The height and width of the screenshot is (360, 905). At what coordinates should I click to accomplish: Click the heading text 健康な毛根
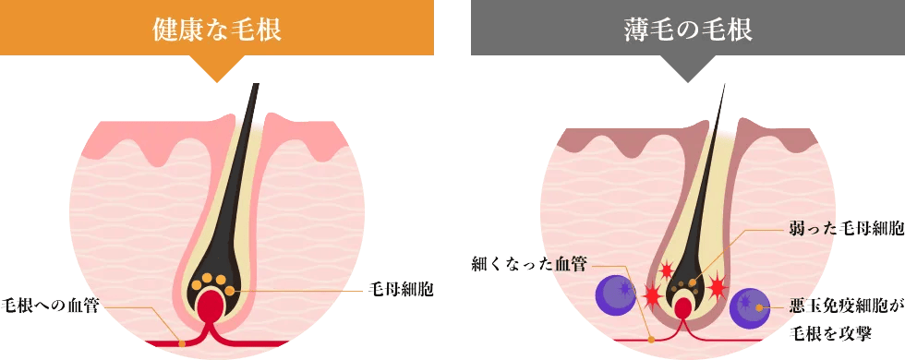pyautogui.click(x=216, y=29)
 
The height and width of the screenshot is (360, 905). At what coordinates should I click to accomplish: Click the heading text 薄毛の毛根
pyautogui.click(x=687, y=29)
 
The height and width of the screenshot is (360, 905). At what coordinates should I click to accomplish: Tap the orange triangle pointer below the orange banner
pyautogui.click(x=216, y=69)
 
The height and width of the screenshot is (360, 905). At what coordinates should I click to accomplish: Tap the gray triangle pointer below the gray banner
pyautogui.click(x=687, y=69)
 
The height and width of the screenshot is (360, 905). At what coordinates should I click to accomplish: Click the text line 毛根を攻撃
pyautogui.click(x=826, y=334)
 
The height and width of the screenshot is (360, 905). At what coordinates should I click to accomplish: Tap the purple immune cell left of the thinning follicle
pyautogui.click(x=612, y=294)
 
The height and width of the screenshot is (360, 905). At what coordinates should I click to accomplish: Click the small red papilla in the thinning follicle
pyautogui.click(x=683, y=307)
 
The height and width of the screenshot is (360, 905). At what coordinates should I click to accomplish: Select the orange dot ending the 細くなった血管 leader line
pyautogui.click(x=650, y=340)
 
